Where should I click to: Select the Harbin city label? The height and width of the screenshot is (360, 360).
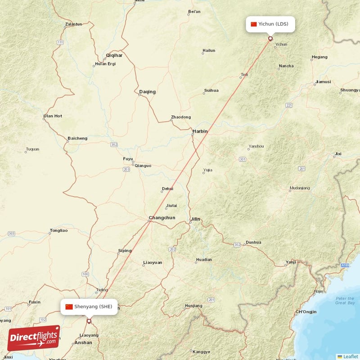point(200,131)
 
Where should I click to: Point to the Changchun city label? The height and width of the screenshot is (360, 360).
point(162,218)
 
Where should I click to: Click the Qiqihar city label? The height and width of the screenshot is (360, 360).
point(114,55)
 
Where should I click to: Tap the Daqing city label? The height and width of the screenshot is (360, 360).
point(147,92)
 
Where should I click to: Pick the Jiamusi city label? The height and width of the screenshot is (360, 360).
point(323,82)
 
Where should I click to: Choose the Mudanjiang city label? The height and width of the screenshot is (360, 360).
point(300,188)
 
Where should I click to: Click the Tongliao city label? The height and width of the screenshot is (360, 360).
point(58,231)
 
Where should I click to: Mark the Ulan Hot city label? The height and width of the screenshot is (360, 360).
point(53,116)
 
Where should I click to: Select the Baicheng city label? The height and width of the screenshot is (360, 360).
point(77,138)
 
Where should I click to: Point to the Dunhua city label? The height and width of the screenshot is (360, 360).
point(253,242)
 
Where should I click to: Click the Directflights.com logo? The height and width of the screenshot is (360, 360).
point(34,338)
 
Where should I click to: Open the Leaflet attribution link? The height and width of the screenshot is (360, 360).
point(351,356)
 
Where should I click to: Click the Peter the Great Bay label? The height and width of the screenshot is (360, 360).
point(344,301)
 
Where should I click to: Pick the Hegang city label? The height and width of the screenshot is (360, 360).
point(319,57)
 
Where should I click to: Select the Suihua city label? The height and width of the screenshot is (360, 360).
point(211,90)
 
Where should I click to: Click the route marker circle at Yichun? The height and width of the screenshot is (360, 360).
point(270,39)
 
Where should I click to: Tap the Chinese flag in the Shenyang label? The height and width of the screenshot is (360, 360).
point(69,306)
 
